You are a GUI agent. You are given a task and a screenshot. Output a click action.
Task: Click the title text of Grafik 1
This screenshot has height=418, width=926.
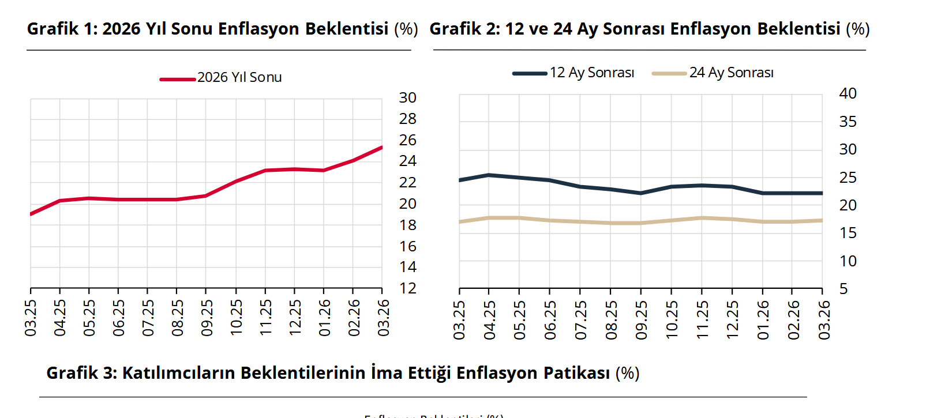coord(222,29)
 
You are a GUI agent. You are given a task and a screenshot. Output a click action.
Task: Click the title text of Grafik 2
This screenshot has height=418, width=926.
coord(649,29)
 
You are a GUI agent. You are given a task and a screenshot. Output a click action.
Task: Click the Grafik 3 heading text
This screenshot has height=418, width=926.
coord(343,373)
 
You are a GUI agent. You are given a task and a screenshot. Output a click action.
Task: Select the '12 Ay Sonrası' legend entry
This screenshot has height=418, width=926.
coord(591,73)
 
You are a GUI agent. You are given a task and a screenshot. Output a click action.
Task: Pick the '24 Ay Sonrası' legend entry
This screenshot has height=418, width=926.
coord(731,73)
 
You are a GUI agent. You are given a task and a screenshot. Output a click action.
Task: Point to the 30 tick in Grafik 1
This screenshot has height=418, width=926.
coord(407,98)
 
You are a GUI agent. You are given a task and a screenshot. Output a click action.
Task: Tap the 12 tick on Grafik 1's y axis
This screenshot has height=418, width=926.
coord(407,288)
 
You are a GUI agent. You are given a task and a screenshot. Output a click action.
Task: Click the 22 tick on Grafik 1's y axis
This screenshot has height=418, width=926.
coord(407,182)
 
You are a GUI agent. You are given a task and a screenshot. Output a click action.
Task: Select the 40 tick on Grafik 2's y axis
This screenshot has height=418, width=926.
coord(848,93)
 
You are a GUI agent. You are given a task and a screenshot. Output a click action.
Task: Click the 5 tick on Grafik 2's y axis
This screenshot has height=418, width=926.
coord(843,288)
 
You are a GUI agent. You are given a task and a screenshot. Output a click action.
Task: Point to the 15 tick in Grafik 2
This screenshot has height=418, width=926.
coord(848,233)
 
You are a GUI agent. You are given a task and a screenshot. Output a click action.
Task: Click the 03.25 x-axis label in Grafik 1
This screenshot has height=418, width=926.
coord(31,317)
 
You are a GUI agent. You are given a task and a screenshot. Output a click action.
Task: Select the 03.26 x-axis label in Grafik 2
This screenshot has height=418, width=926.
coord(824,320)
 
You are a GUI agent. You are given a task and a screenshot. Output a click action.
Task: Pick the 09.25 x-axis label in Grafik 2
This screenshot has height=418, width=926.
coord(641,320)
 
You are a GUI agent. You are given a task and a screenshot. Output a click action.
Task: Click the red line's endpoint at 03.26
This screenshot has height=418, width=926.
coord(381,148)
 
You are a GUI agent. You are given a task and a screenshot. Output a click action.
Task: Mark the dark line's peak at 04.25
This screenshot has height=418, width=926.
coord(489,175)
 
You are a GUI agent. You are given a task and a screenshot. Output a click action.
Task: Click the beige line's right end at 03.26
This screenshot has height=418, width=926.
coord(822,220)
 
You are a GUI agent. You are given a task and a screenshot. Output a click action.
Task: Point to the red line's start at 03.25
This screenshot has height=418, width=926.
coord(31,214)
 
